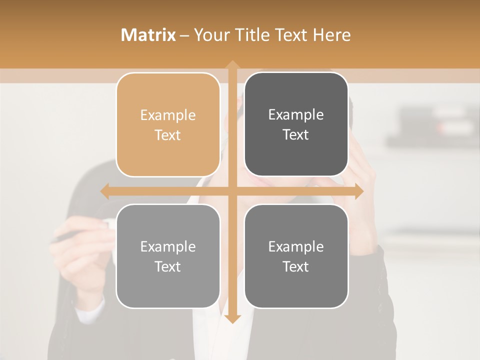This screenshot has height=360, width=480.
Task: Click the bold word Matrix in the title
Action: (148, 35)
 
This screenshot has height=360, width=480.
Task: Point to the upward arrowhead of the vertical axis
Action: (232, 64)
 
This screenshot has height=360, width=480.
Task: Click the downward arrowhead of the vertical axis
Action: (232, 318)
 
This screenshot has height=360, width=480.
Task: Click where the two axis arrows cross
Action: (232, 191)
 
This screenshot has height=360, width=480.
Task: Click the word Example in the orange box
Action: (168, 115)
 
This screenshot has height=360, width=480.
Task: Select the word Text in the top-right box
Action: (296, 135)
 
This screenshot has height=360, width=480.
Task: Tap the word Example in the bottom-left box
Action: (168, 247)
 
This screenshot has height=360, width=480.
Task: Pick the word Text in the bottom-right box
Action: (296, 267)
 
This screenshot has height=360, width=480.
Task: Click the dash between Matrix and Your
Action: (184, 35)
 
